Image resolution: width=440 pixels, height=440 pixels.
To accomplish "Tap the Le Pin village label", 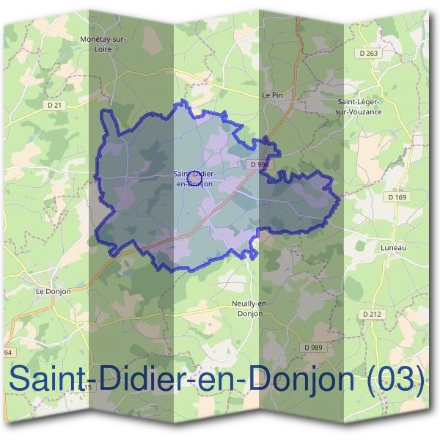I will [x=271, y=95].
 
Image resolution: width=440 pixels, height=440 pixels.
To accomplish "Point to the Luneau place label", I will [x=393, y=248].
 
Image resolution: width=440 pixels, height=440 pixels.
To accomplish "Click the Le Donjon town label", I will [x=53, y=290].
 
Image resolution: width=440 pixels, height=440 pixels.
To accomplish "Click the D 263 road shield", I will [x=371, y=53].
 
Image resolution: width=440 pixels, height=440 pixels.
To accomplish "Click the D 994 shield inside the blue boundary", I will [x=259, y=165].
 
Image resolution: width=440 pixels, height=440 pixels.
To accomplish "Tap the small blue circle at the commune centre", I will [x=194, y=177].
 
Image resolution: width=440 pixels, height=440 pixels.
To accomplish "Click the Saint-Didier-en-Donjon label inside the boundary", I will [x=194, y=178].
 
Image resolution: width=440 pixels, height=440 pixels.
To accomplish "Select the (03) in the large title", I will [x=396, y=380].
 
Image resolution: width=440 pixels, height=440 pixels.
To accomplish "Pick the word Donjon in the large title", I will [x=301, y=380].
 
